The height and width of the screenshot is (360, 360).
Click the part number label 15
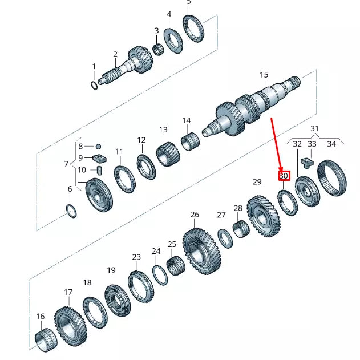pos(264,75)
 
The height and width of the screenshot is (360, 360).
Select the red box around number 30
pos(284,176)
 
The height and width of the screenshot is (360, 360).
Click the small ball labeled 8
pos(98,147)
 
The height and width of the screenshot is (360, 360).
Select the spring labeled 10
pos(99,170)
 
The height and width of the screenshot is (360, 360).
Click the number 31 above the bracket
pos(315,128)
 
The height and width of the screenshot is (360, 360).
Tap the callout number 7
pos(67,164)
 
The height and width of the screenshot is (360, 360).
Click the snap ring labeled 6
pos(71,210)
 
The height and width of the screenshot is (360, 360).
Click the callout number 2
pos(115,55)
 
